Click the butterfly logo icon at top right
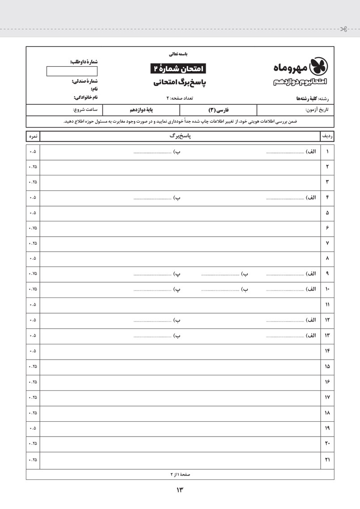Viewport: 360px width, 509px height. click(318, 66)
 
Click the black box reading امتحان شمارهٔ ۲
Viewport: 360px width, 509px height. click(178, 68)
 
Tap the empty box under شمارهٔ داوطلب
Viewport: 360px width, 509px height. click(66, 71)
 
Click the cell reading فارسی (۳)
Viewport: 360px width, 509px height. click(218, 110)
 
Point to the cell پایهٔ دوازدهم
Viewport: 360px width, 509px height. click(141, 110)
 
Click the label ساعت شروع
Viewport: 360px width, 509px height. click(85, 110)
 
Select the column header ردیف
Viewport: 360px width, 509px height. click(327, 136)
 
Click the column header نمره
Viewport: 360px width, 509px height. click(33, 136)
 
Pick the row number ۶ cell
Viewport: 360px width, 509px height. click(327, 228)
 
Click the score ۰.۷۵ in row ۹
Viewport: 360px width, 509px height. click(33, 274)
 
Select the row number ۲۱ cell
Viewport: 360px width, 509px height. click(327, 460)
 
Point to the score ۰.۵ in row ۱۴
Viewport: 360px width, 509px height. click(33, 351)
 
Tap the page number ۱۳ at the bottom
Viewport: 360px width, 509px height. click(180, 490)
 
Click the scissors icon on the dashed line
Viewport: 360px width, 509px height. click(343, 30)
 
